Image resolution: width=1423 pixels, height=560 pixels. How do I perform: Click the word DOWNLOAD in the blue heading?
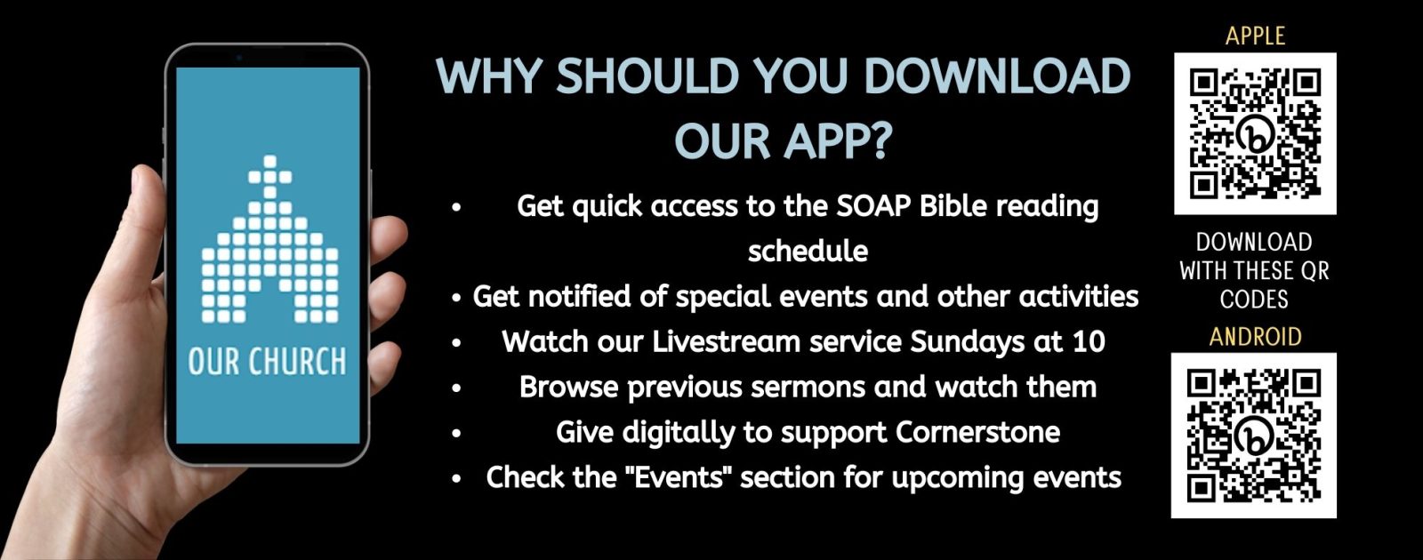coord(997,76)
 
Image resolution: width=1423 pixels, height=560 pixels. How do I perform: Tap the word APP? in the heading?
coord(839,140)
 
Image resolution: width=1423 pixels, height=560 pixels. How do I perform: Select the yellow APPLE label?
coord(1255,36)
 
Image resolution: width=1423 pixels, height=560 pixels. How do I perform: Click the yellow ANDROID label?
coord(1255,337)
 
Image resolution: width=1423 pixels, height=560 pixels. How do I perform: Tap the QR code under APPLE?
coord(1255,133)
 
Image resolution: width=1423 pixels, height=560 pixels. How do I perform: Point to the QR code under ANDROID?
coord(1253,436)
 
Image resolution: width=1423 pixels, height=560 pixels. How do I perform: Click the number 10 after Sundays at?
coord(1089,341)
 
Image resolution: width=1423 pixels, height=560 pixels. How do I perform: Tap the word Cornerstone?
coord(977,432)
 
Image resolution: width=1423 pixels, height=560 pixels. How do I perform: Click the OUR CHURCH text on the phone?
coord(268,362)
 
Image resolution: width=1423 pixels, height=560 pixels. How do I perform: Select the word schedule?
coord(808,251)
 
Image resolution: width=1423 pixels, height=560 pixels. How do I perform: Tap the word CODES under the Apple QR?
coord(1254,299)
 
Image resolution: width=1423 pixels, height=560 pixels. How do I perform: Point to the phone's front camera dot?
coord(239,57)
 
